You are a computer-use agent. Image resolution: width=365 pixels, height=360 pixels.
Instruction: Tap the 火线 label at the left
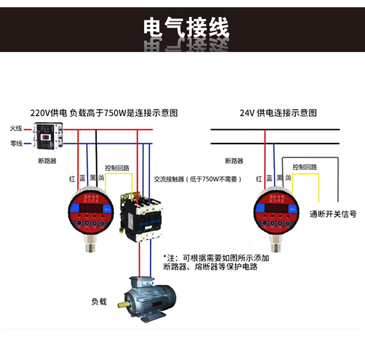point(16,129)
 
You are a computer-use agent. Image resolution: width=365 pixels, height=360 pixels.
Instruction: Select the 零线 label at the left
point(16,144)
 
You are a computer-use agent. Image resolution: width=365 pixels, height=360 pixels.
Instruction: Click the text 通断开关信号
point(333,214)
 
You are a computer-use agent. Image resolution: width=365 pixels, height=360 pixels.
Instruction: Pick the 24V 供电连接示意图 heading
point(278,113)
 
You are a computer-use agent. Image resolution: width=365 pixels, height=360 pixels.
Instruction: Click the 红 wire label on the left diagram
point(72,179)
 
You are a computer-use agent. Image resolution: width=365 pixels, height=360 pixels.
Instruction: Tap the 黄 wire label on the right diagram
point(289,178)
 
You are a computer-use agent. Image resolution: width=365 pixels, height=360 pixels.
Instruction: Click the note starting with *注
point(216,262)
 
